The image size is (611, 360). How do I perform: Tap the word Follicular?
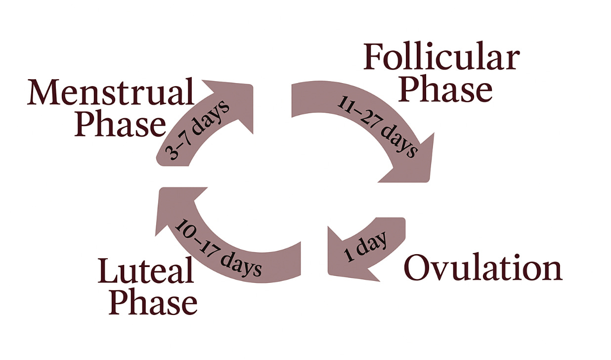(x=441, y=58)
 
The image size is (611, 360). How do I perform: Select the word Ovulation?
(x=483, y=269)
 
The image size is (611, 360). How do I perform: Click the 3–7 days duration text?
(x=199, y=130)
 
